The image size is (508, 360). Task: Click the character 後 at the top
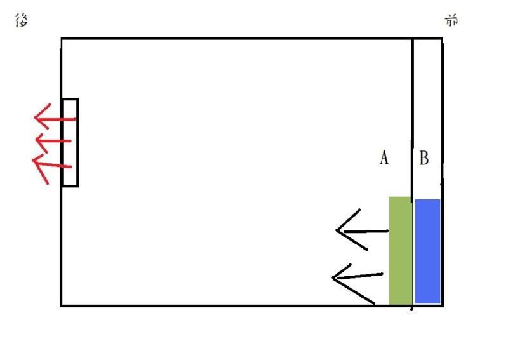pos(20,21)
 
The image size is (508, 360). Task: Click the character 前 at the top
pos(451,21)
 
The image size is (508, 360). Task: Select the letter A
pos(384,158)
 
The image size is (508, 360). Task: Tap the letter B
pos(424,158)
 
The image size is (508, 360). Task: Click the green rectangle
pos(401,250)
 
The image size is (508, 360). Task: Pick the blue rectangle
pos(427,251)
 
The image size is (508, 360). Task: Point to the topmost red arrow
pos(55,118)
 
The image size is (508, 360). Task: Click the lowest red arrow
pos(53,164)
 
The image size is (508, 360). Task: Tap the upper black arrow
pos(363,230)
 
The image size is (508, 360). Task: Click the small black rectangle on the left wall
pos(70,142)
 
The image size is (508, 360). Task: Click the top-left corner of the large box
pos(62,39)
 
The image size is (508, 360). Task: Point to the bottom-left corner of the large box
pos(62,305)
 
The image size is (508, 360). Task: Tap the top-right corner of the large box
pos(442,39)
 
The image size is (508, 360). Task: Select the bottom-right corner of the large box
pos(442,305)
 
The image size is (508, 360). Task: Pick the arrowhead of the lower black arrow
pos(334,277)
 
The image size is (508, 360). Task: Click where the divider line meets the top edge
pos(413,39)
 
